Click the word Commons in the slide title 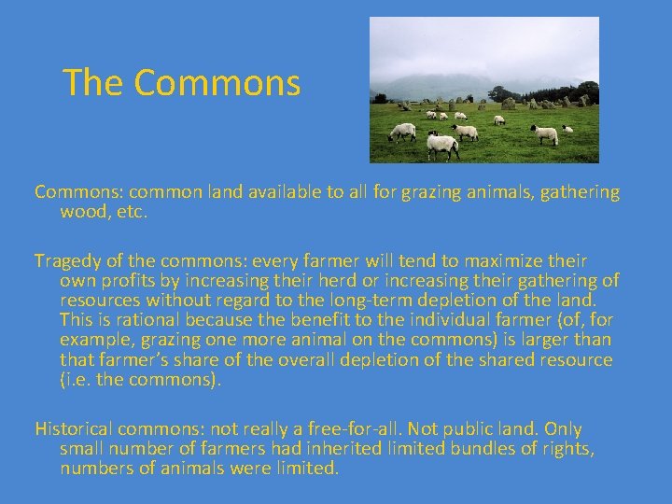tap(217, 83)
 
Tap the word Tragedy tap(68, 260)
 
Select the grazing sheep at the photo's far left tap(402, 132)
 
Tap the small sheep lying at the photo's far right tap(567, 129)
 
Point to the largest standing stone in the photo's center tap(508, 103)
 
